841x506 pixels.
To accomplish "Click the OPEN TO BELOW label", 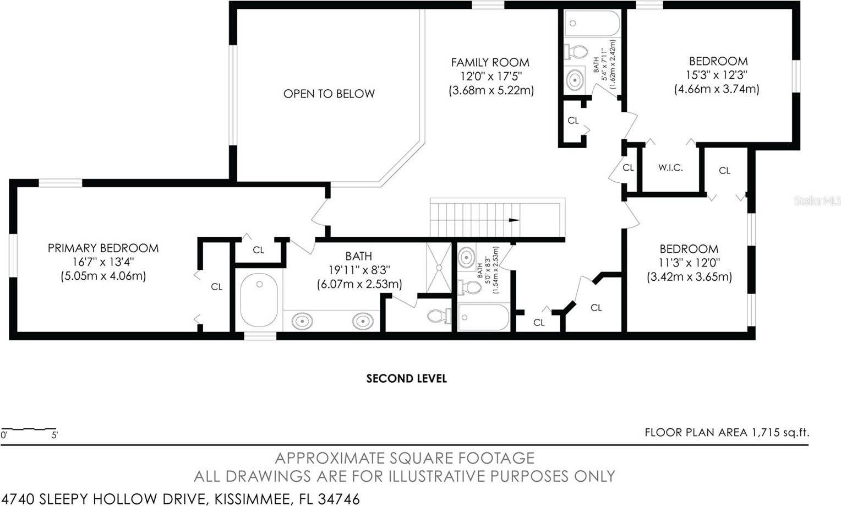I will click(x=329, y=94).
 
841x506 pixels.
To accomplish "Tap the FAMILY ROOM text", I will click(x=490, y=63).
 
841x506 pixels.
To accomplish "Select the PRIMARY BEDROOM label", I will click(x=103, y=248).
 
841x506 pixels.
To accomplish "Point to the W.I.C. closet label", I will click(x=670, y=168).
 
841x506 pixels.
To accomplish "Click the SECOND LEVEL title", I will click(x=406, y=379).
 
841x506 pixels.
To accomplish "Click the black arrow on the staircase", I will click(x=513, y=220).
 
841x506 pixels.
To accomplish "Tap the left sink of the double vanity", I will click(x=301, y=320).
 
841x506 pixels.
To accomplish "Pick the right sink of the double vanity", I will click(x=362, y=320).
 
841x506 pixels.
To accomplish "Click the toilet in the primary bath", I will click(x=438, y=316).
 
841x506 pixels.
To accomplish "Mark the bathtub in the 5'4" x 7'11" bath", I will click(x=593, y=24).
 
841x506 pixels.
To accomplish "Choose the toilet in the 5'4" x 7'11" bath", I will click(x=576, y=52).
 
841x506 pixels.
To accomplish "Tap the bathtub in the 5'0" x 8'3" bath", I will click(x=484, y=318).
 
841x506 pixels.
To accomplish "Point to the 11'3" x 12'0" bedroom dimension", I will click(x=689, y=263).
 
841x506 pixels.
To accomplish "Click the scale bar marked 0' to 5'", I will click(x=29, y=429).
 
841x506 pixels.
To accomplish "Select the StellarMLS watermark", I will click(x=817, y=200).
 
